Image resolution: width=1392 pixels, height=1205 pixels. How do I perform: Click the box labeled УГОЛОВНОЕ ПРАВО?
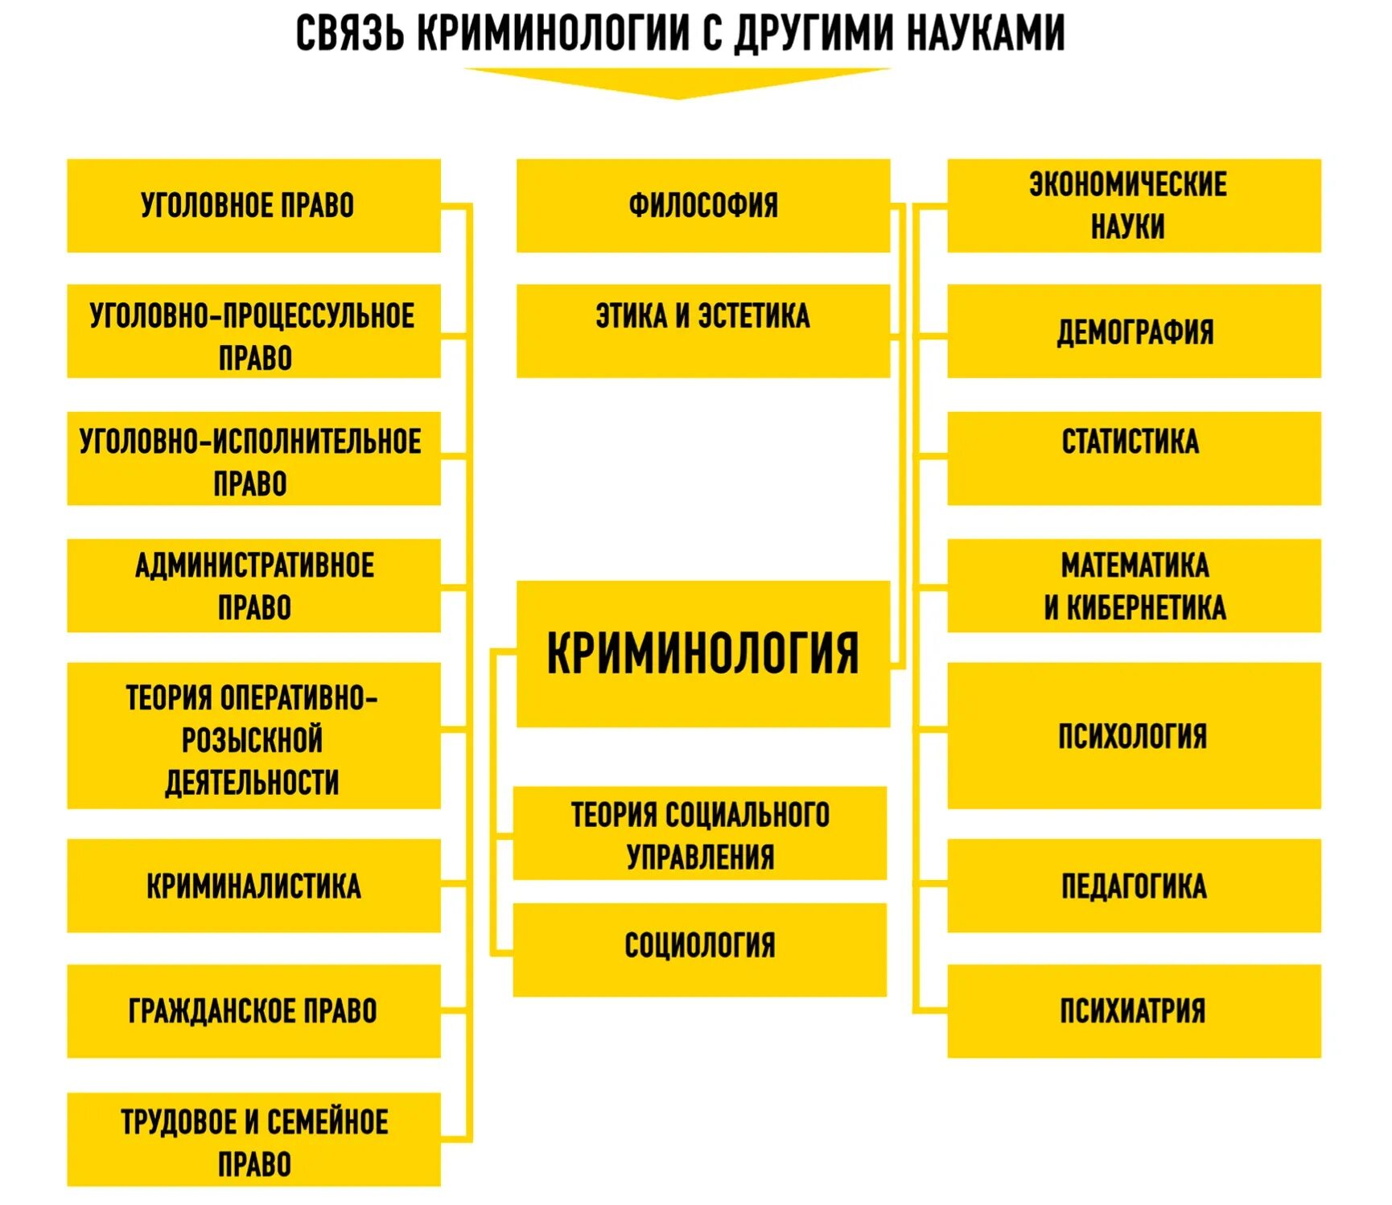pos(253,206)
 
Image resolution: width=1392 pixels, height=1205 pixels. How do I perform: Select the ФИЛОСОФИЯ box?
pos(702,206)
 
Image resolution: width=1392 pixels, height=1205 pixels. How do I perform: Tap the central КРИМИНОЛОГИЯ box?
pos(702,653)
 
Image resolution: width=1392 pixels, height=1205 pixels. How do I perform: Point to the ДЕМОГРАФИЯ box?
pos(1134,331)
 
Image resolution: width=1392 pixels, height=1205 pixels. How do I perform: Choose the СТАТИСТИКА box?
pos(1134,459)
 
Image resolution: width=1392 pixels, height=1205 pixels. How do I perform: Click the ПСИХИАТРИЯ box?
pos(1134,1011)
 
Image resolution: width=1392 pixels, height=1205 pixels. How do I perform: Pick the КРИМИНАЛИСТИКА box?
pos(253,886)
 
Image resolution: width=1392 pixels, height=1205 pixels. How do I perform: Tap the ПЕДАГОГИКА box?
pos(1134,886)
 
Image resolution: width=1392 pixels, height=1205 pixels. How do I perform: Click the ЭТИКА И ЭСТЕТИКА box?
pos(702,331)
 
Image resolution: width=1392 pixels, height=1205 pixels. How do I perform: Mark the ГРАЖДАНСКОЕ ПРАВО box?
pos(253,1011)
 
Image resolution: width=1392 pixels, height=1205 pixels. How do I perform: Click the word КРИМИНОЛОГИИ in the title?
pos(555,35)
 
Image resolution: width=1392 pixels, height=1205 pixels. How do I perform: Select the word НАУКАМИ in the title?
pos(986,35)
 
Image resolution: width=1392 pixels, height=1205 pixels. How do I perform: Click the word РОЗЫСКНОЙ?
pos(252,740)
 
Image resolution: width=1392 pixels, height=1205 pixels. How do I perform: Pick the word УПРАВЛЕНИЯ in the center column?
pos(700,857)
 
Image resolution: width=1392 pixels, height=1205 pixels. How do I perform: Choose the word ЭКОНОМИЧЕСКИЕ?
pos(1127,185)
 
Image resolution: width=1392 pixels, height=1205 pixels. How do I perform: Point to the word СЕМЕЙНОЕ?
pos(327,1122)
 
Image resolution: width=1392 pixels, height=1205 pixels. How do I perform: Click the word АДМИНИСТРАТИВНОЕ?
pos(254,565)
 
